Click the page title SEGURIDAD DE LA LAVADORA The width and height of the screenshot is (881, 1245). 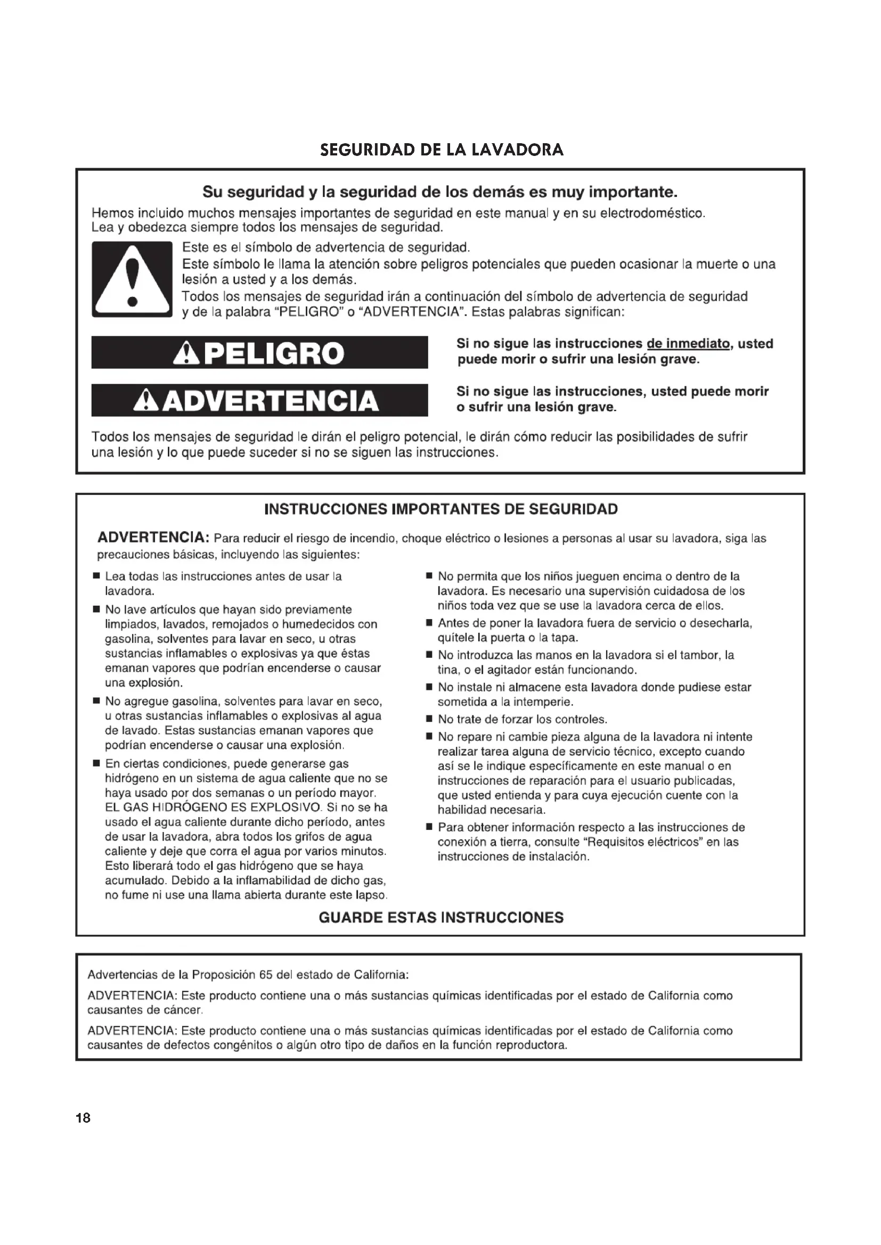click(442, 150)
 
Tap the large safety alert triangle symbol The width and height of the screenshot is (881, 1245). click(132, 280)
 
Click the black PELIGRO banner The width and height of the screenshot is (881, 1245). click(259, 353)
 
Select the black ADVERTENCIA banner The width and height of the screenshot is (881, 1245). click(259, 401)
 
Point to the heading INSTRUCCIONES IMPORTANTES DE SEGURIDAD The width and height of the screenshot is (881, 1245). click(440, 510)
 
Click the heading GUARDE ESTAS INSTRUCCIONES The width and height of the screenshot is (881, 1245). click(440, 918)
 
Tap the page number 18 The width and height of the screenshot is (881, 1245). click(83, 1118)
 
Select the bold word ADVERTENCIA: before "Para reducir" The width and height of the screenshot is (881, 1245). click(153, 538)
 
